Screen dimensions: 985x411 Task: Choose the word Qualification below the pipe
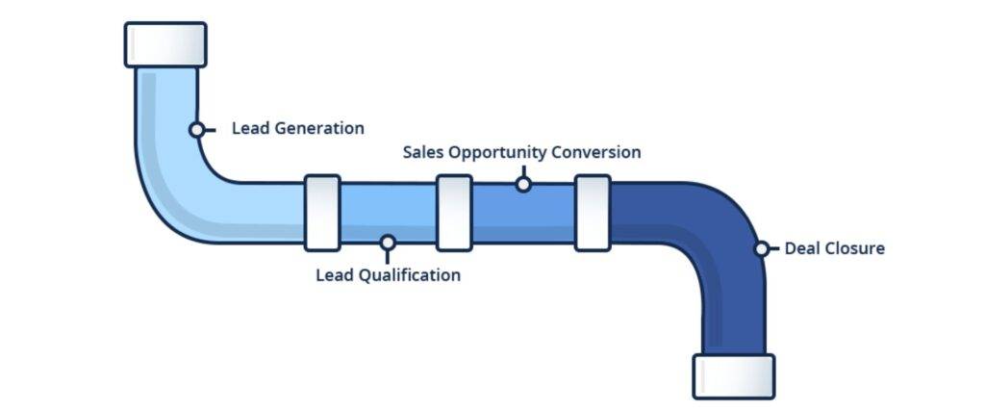(x=408, y=275)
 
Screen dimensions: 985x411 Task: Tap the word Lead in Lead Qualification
(x=334, y=275)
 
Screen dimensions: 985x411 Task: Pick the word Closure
(x=854, y=248)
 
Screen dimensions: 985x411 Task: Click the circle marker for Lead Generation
(x=196, y=130)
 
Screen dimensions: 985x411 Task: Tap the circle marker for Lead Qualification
(x=388, y=242)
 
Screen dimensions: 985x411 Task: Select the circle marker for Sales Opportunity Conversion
(x=523, y=184)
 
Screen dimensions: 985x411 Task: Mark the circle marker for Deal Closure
(x=762, y=249)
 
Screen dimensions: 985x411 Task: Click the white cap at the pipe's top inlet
(x=165, y=44)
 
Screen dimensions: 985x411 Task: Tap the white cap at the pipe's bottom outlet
(x=734, y=376)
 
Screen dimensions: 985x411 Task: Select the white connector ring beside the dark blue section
(x=593, y=213)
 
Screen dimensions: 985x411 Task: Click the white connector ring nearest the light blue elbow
(x=322, y=213)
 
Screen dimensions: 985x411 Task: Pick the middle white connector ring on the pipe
(x=454, y=213)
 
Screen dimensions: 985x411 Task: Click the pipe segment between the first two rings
(x=389, y=213)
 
